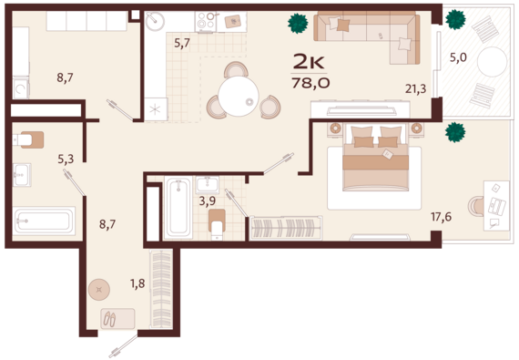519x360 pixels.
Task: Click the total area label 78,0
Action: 310,83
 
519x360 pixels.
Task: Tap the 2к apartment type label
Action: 309,62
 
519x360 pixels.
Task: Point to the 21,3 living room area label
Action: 416,88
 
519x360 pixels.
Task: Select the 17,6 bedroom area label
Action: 442,217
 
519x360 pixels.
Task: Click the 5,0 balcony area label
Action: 458,57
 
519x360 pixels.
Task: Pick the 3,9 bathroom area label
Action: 208,201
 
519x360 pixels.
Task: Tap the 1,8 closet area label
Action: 137,283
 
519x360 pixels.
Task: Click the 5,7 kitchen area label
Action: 182,43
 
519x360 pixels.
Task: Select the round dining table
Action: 239,96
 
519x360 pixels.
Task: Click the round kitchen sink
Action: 155,21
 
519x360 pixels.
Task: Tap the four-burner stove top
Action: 206,22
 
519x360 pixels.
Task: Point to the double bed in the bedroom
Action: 375,158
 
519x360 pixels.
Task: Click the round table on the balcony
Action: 493,62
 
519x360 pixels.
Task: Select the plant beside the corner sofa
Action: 298,23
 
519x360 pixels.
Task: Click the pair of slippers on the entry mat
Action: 110,319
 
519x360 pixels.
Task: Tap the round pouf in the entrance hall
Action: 99,290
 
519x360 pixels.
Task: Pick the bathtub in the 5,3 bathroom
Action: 44,221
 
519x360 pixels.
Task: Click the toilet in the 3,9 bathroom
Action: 217,224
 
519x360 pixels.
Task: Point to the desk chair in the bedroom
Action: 475,206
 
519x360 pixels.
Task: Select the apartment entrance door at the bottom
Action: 123,346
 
